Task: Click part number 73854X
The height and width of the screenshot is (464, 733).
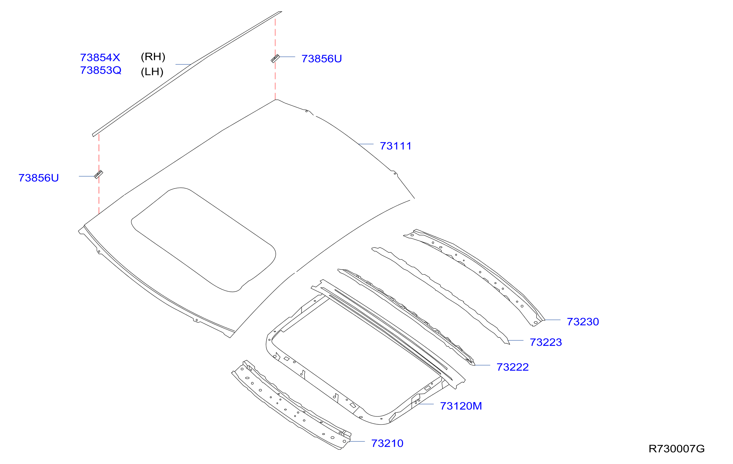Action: pyautogui.click(x=100, y=58)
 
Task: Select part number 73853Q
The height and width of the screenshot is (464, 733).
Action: pyautogui.click(x=101, y=70)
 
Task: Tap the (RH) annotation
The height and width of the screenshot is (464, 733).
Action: pyautogui.click(x=153, y=57)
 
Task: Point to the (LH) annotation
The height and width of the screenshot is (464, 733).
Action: pyautogui.click(x=152, y=72)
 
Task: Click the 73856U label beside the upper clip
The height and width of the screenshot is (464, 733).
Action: pyautogui.click(x=322, y=59)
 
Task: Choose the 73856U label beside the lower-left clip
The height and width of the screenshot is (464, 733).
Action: pyautogui.click(x=38, y=178)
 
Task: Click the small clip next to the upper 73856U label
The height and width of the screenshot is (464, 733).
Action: pyautogui.click(x=275, y=58)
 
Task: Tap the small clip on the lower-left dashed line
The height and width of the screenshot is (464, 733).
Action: pyautogui.click(x=99, y=174)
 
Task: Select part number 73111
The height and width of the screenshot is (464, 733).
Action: pyautogui.click(x=396, y=146)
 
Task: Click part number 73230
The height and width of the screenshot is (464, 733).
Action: pyautogui.click(x=583, y=322)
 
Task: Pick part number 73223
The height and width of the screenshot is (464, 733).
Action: pyautogui.click(x=546, y=342)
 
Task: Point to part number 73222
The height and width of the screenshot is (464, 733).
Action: pyautogui.click(x=513, y=367)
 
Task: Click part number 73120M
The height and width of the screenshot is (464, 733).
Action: pyautogui.click(x=461, y=406)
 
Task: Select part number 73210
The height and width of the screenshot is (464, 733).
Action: pyautogui.click(x=387, y=443)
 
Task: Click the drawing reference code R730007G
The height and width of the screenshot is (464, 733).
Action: pyautogui.click(x=677, y=449)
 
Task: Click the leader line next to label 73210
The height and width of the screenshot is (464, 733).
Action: pyautogui.click(x=357, y=441)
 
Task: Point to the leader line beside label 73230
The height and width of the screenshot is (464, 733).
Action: pyautogui.click(x=552, y=320)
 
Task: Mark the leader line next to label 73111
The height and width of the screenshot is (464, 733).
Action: pyautogui.click(x=366, y=144)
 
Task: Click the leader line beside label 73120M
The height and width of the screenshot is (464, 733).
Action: pyautogui.click(x=426, y=404)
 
